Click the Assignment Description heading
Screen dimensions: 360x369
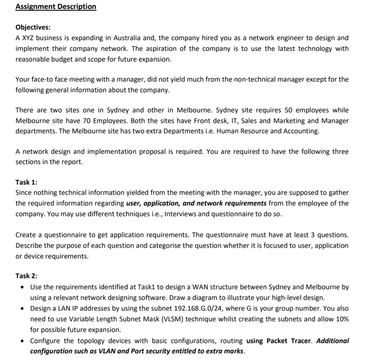pos(55,7)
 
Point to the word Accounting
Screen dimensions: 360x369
pos(300,131)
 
